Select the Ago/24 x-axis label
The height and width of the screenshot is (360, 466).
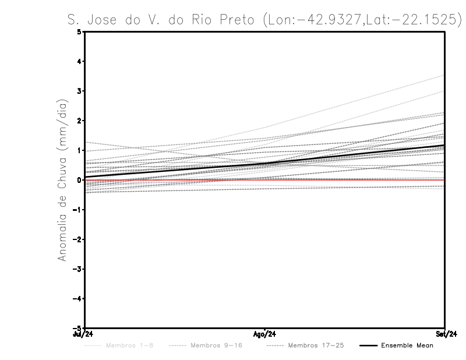(x=264, y=334)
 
